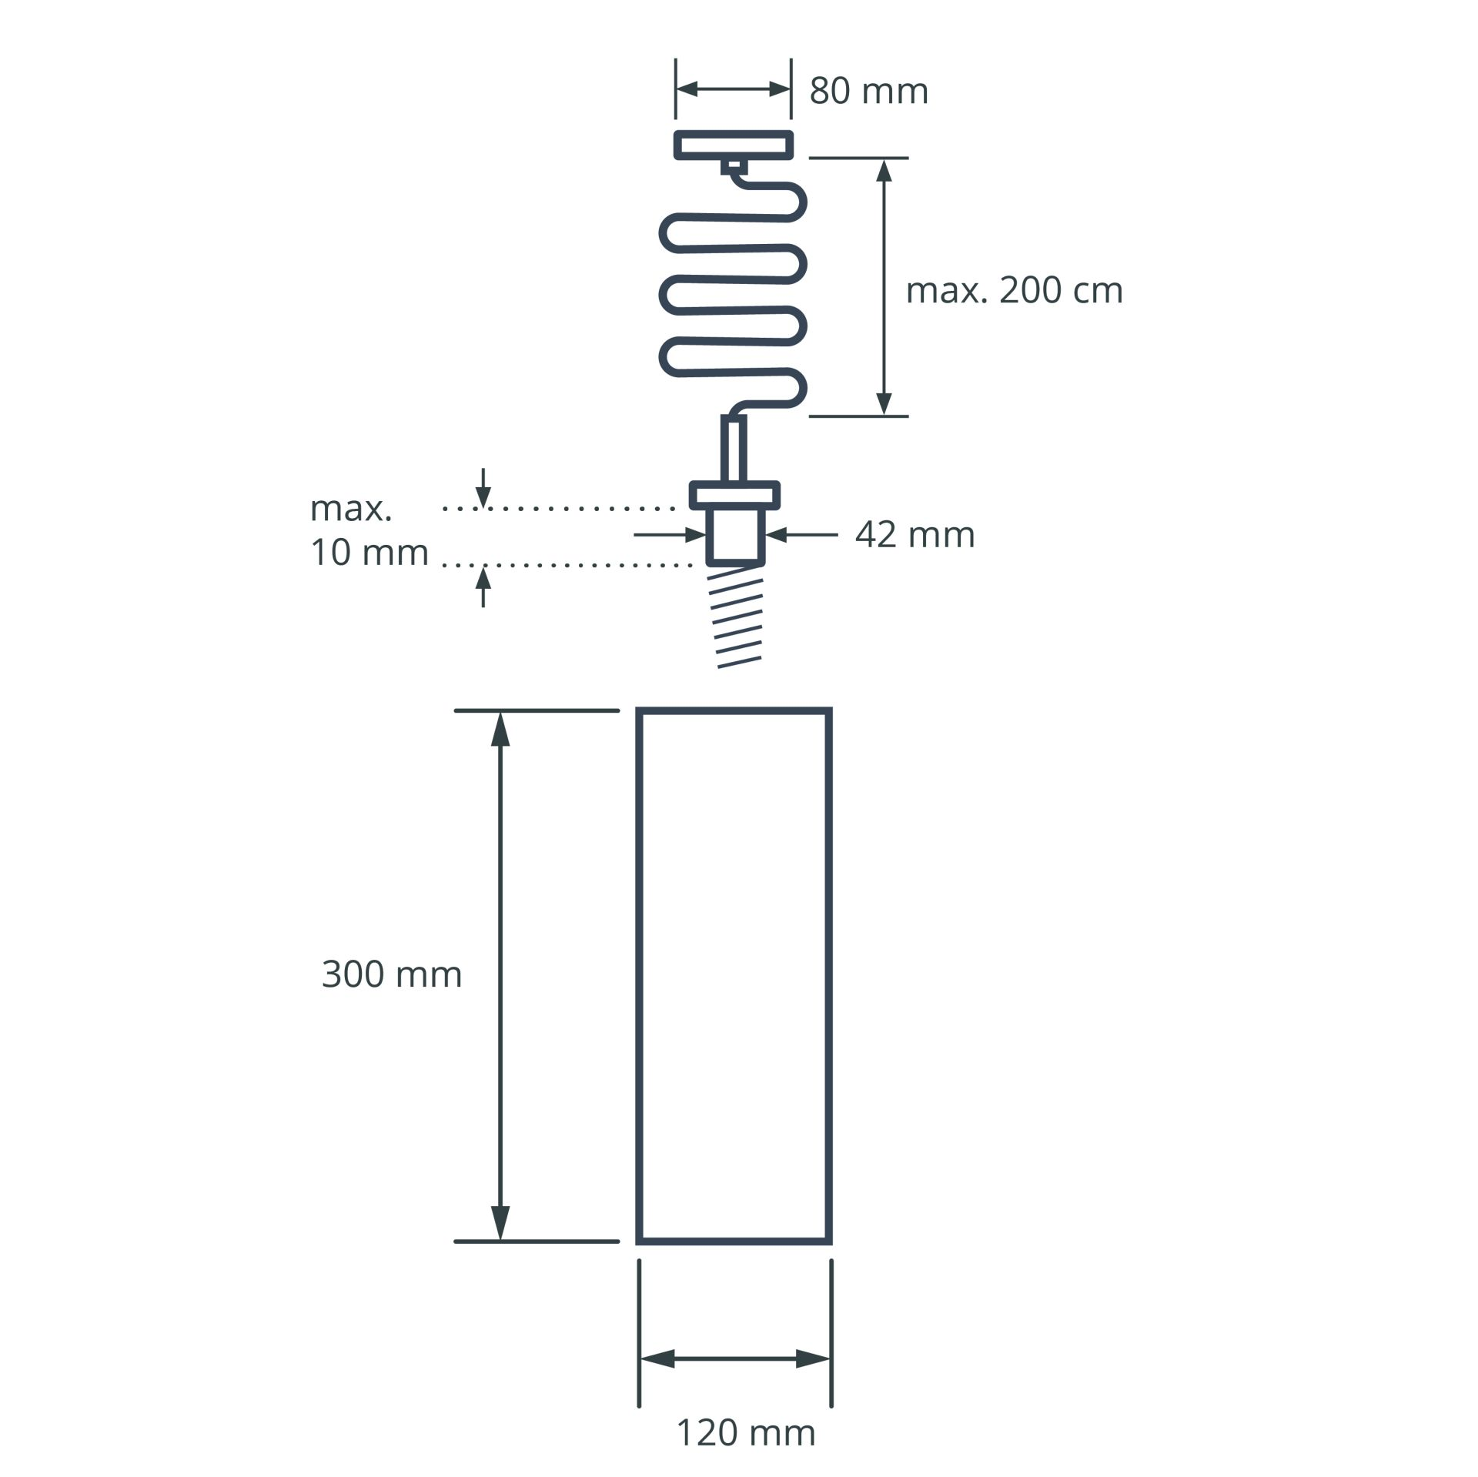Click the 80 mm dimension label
868,91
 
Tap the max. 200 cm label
1014,291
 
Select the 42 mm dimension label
915,534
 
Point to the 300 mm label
392,974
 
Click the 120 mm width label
745,1432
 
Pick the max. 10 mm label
369,530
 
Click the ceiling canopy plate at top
734,145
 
